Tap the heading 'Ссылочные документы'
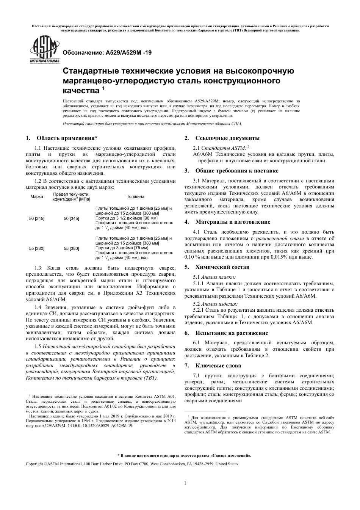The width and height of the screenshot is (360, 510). [227, 138]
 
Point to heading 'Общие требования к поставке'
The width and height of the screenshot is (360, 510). [236, 171]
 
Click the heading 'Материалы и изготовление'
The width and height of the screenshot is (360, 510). [233, 222]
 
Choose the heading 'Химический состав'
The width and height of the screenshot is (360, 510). [222, 267]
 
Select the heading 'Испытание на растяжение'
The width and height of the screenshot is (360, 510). [232, 333]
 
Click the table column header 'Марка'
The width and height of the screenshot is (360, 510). [37, 197]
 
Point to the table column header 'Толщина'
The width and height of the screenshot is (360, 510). [135, 197]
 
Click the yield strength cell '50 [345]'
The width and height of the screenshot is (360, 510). [72, 218]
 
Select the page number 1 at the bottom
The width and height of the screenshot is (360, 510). [185, 483]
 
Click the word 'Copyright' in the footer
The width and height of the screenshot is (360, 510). [34, 464]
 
